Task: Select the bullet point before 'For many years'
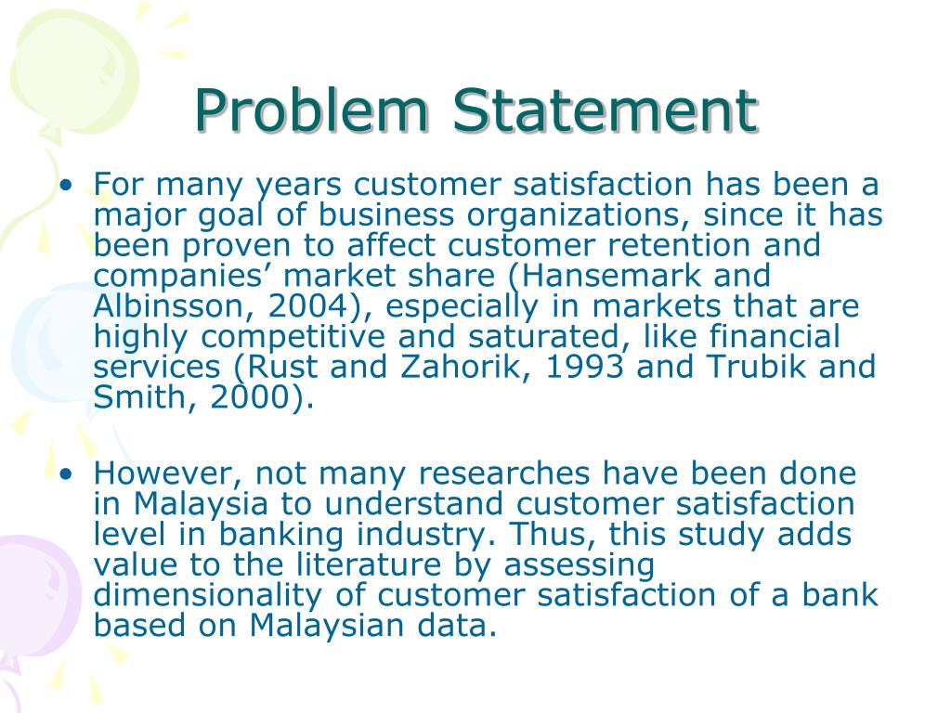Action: click(67, 185)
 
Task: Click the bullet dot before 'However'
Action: click(67, 474)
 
